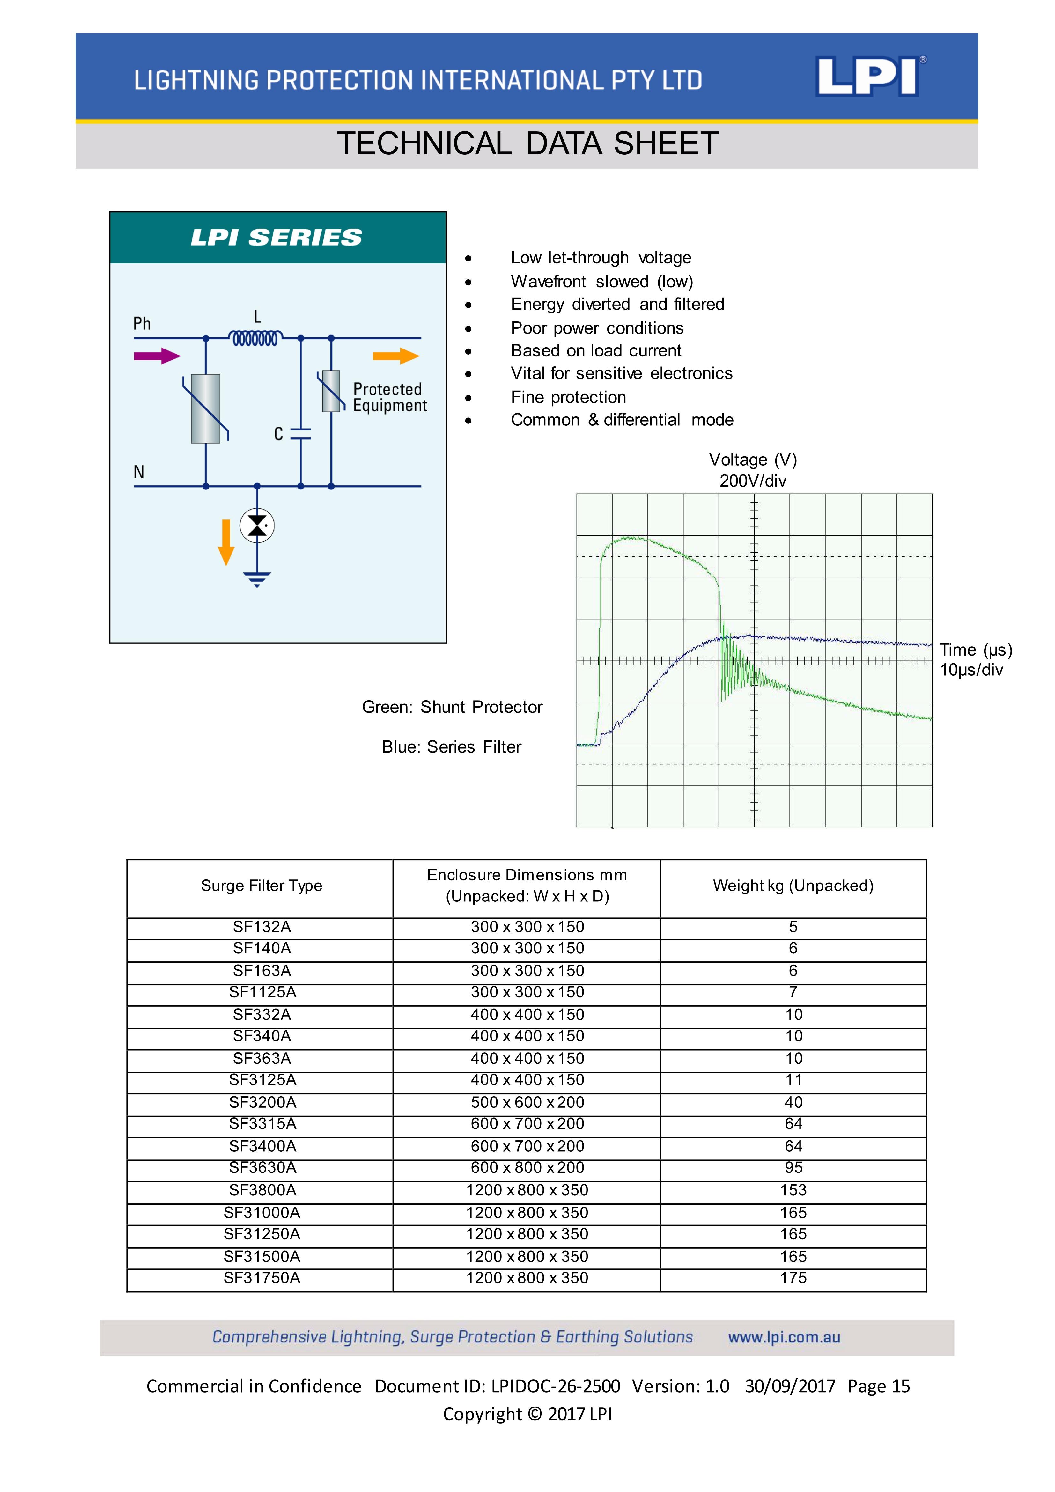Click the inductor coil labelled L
click(x=255, y=338)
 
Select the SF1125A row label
click(x=262, y=992)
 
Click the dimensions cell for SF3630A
click(x=527, y=1168)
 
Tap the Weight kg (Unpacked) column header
click(x=793, y=886)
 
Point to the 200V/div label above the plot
click(x=753, y=481)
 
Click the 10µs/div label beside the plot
click(x=971, y=670)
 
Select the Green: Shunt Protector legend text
click(x=452, y=707)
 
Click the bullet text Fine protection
click(x=568, y=397)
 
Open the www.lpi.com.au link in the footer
click(x=784, y=1337)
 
